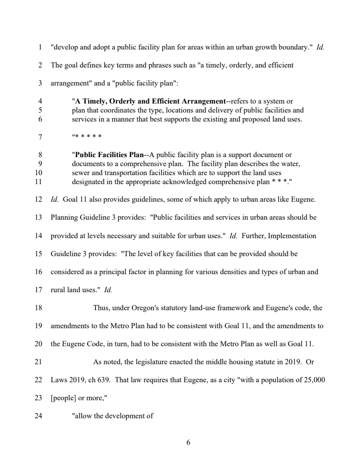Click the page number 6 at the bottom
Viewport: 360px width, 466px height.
point(188,442)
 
